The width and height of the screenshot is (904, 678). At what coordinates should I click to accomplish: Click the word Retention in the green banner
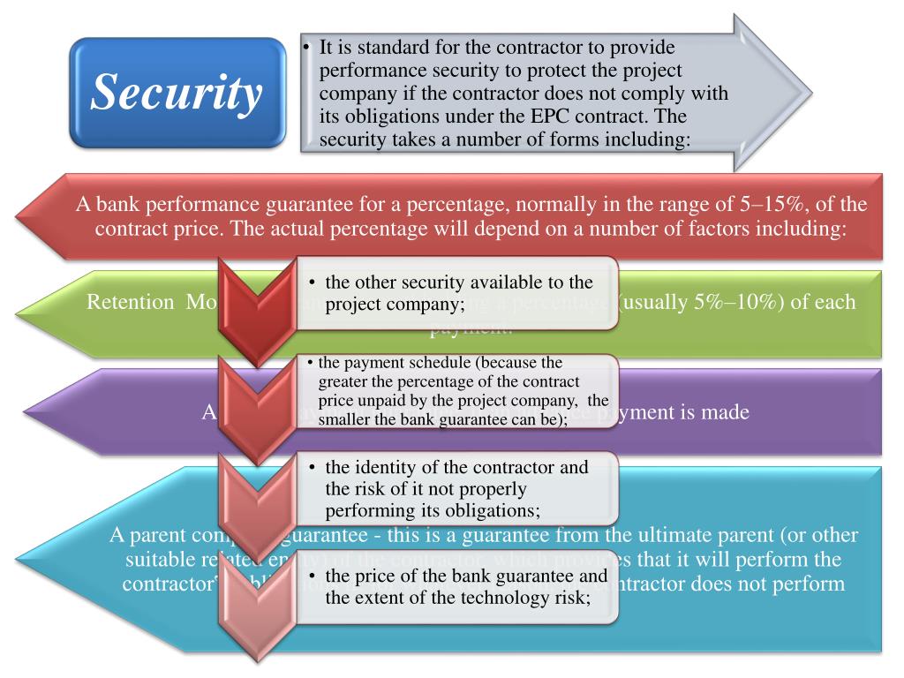pyautogui.click(x=131, y=302)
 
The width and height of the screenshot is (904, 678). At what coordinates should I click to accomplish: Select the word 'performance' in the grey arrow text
pyautogui.click(x=365, y=70)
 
